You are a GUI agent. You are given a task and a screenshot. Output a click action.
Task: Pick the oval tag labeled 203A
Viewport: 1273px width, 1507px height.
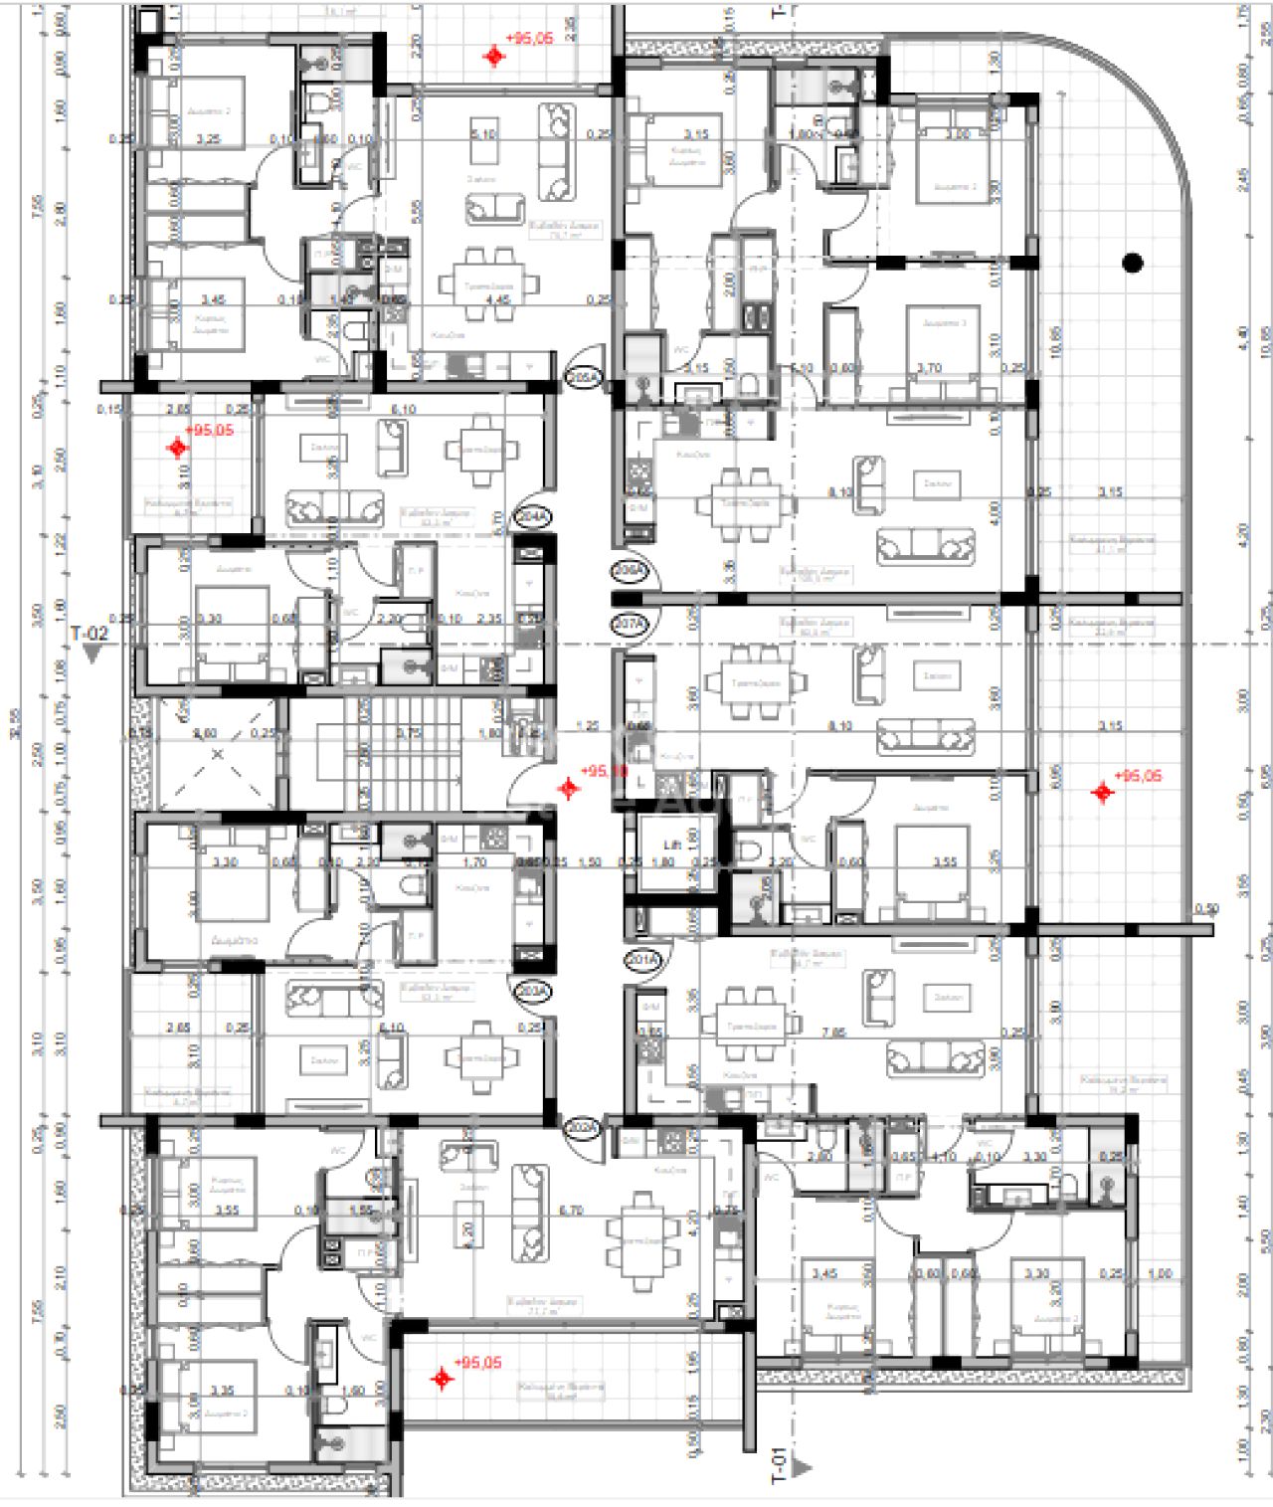click(529, 991)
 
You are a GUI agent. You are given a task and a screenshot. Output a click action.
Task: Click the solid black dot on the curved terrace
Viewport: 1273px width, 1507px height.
click(1132, 263)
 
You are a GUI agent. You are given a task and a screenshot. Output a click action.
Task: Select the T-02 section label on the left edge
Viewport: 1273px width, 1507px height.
click(89, 633)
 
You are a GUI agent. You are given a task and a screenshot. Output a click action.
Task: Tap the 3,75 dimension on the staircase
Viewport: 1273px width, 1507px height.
click(409, 732)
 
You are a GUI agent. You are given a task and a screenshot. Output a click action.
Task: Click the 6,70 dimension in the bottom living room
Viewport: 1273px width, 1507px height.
click(571, 1211)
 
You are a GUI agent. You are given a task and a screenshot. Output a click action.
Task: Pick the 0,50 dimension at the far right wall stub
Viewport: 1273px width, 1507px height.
click(1206, 909)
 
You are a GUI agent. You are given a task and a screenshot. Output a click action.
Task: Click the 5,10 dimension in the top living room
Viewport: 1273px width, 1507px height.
click(483, 133)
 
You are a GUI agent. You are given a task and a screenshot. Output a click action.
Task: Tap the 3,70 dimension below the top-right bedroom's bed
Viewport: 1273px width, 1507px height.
click(929, 368)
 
